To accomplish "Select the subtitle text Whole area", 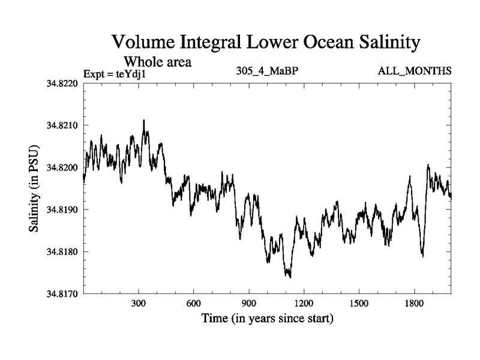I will tap(157, 61).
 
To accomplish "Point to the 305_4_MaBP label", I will tap(268, 71).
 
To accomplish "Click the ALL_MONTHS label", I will tap(414, 71).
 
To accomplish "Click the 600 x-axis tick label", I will tap(194, 304).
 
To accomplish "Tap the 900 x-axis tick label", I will tap(249, 304).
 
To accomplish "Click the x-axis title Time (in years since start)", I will tap(267, 317).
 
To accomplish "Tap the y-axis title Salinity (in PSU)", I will tap(34, 189).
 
